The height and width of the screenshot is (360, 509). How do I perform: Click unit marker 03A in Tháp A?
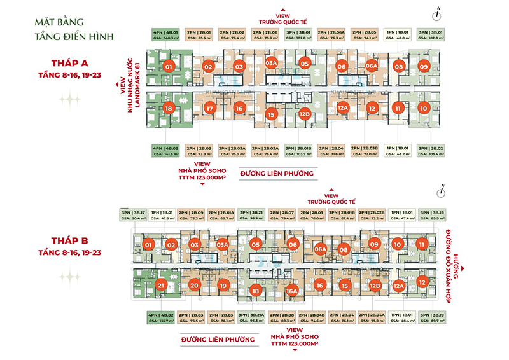(x=272, y=64)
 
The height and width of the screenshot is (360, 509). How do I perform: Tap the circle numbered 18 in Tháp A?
(x=168, y=109)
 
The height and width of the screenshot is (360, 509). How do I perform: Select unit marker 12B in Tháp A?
(x=304, y=115)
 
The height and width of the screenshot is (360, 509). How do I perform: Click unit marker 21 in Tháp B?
(x=161, y=286)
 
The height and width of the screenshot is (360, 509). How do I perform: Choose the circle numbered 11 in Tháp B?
(x=421, y=244)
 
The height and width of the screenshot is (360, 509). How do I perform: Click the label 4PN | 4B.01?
(x=164, y=31)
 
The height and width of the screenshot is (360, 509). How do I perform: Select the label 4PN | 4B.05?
(x=164, y=148)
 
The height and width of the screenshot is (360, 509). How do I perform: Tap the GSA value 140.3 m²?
(x=164, y=38)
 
